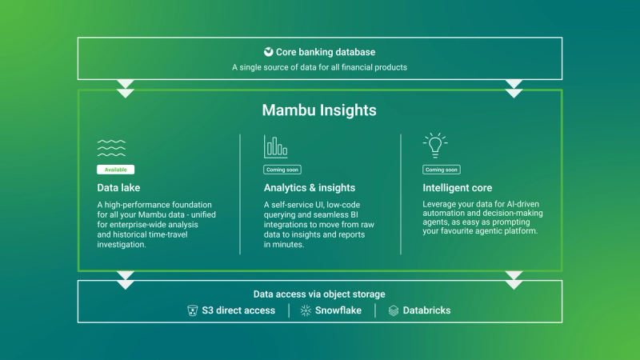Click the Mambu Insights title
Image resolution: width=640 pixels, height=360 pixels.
319,110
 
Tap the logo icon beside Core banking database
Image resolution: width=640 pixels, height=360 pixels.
269,52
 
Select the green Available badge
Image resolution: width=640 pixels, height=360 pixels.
115,170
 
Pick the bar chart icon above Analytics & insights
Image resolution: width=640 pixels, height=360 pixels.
276,146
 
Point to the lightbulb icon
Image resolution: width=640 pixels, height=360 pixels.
434,145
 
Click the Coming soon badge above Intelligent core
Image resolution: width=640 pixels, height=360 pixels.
442,170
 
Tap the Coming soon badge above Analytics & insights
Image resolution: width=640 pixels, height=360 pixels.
282,170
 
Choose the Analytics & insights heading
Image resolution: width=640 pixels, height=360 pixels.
309,188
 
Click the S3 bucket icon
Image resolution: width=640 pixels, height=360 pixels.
192,310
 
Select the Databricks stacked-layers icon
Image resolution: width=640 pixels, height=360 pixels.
393,310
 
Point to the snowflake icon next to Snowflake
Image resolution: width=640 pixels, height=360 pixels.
306,310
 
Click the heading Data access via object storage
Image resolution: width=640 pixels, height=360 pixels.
319,294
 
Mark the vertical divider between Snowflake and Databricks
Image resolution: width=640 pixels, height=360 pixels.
375,310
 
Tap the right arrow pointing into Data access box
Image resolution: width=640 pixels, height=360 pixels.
514,280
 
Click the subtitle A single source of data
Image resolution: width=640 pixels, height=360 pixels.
319,67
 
